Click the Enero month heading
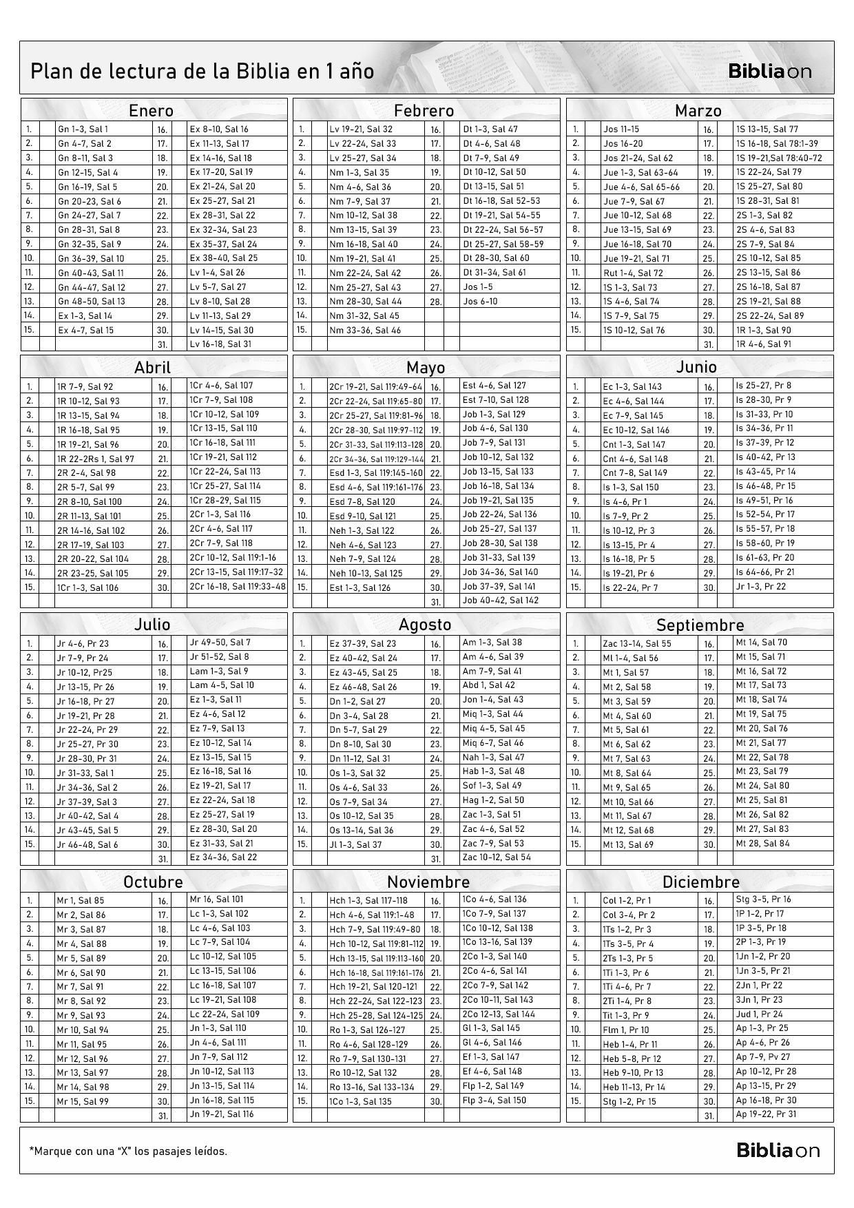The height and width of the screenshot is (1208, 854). (152, 110)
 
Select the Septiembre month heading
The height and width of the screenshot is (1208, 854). (700, 625)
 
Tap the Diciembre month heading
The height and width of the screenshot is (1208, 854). (700, 882)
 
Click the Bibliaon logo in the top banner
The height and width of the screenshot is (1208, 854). (770, 71)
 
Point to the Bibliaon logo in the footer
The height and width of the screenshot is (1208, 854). (778, 1149)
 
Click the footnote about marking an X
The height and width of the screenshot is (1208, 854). (129, 1151)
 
